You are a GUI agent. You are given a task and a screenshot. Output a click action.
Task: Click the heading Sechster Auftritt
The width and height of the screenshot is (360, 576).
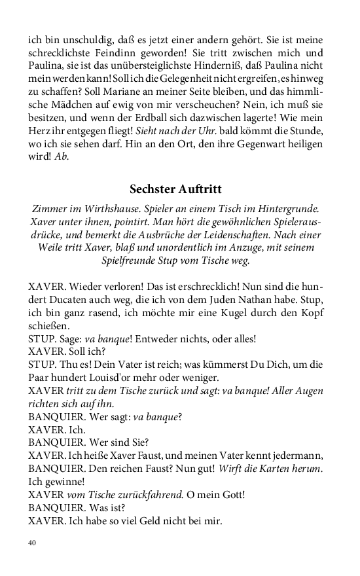pyautogui.click(x=175, y=189)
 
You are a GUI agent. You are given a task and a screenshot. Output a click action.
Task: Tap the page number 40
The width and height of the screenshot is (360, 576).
pyautogui.click(x=33, y=543)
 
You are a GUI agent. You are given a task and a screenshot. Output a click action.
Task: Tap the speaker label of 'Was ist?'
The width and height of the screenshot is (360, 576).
pyautogui.click(x=56, y=508)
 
